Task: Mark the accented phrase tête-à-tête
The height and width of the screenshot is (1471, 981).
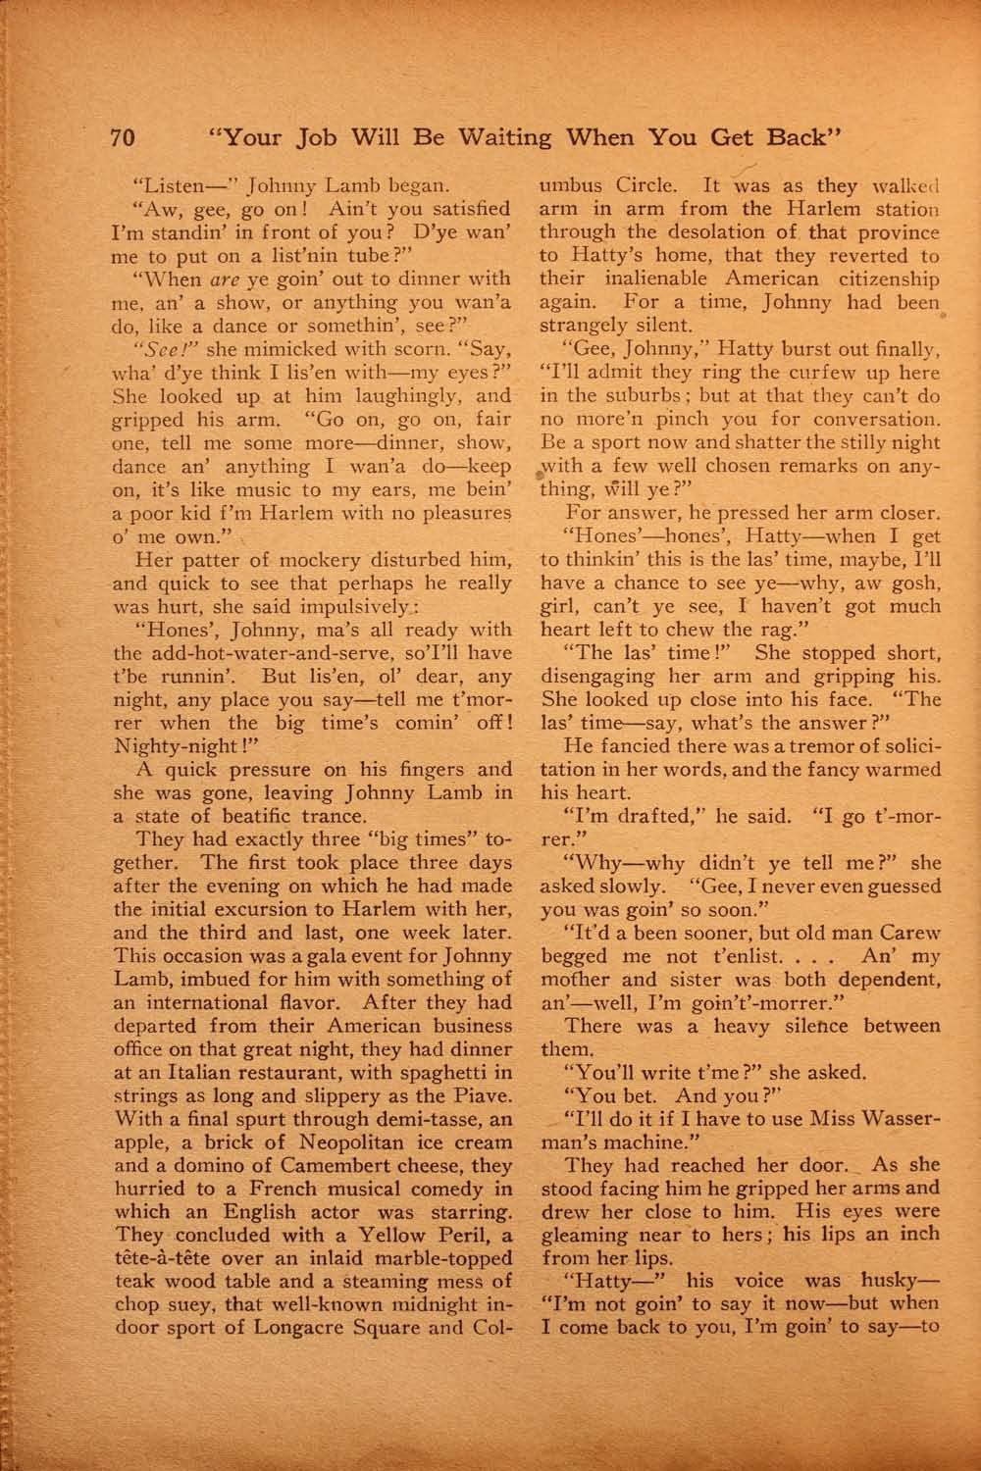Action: point(172,1258)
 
